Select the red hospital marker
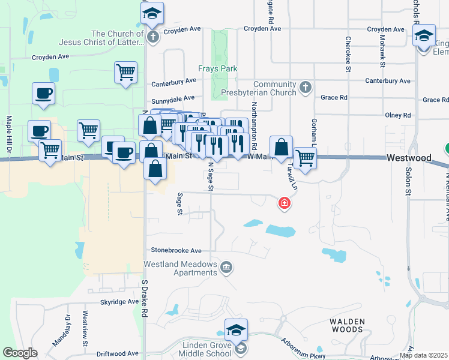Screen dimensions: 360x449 [x=285, y=203]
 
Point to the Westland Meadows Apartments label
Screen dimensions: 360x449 [x=180, y=268]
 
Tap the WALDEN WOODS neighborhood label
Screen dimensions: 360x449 [x=347, y=325]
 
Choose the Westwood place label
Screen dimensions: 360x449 [x=409, y=158]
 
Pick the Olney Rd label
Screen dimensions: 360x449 [x=398, y=115]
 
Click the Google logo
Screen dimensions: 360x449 [x=20, y=353]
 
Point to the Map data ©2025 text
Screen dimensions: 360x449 [x=424, y=355]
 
